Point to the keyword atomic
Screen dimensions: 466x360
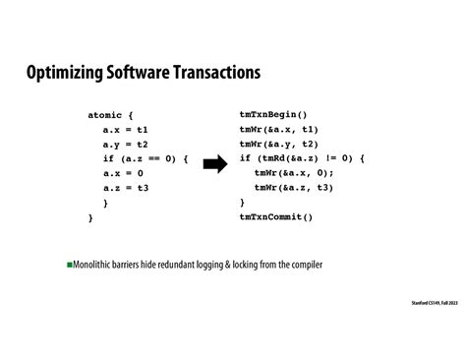click(110, 115)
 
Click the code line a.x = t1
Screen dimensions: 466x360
click(125, 130)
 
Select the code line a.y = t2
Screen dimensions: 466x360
click(125, 145)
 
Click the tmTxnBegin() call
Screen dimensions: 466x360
click(273, 114)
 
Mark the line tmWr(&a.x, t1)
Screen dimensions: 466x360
click(278, 129)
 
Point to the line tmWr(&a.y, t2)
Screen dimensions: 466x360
click(278, 144)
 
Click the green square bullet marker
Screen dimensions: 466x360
click(71, 266)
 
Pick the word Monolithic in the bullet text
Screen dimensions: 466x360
click(96, 266)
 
